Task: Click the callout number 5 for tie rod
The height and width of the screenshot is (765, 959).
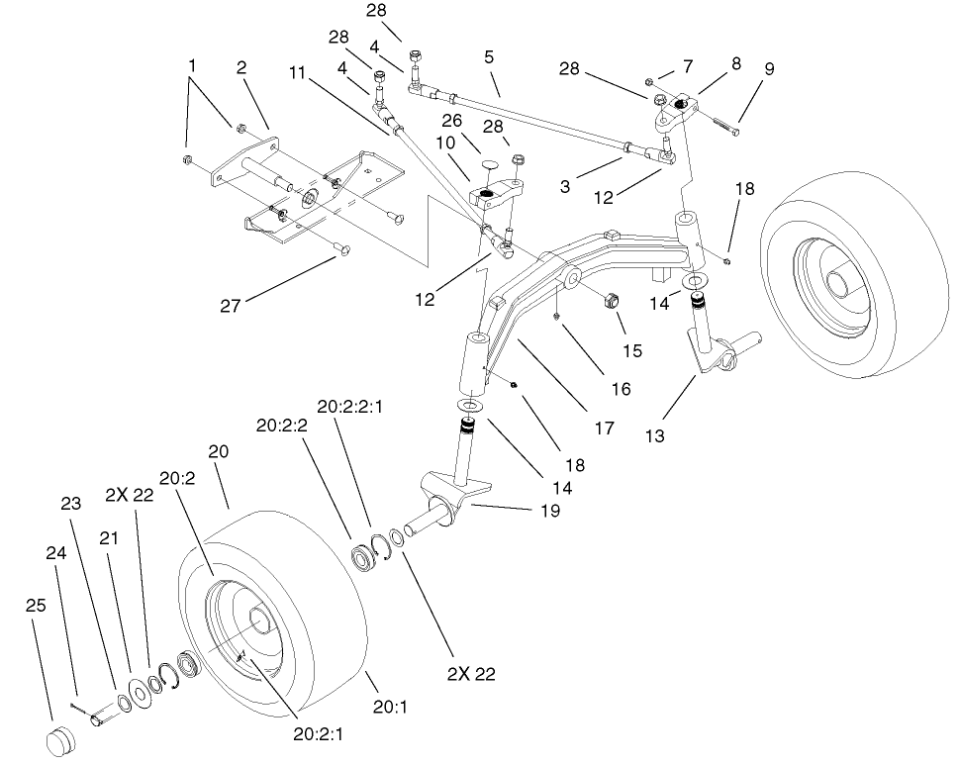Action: (x=489, y=57)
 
